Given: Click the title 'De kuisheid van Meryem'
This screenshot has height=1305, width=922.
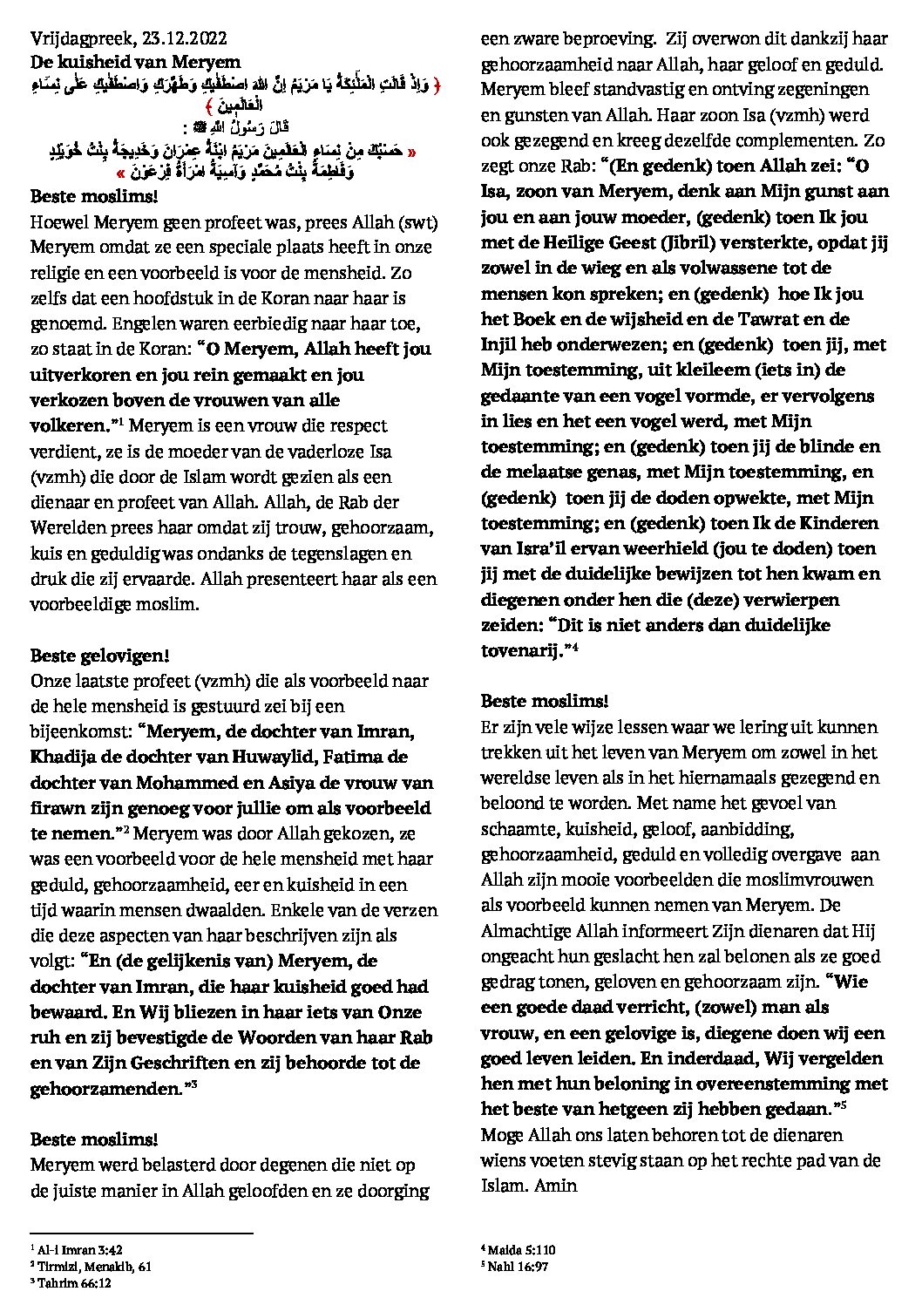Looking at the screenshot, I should coord(123,62).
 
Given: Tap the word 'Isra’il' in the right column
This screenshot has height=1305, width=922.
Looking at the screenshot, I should coord(516,548).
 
